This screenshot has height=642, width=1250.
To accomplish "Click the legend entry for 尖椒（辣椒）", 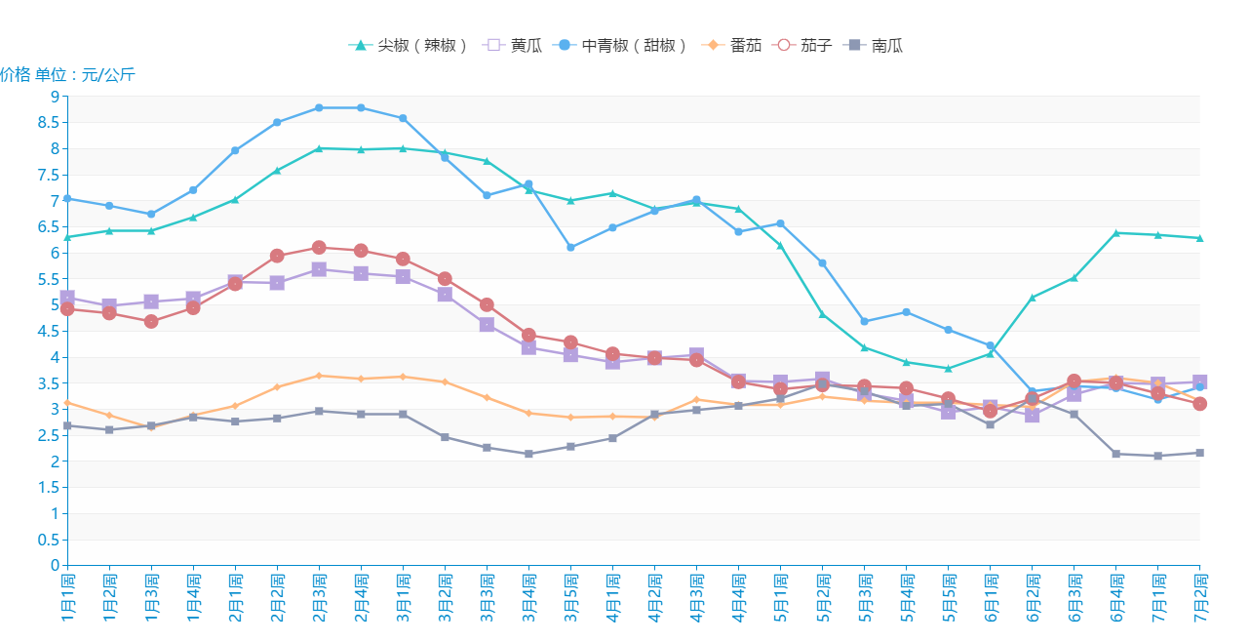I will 410,45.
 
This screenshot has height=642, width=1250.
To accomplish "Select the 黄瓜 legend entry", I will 513,45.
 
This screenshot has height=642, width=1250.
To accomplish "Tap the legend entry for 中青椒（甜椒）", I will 621,45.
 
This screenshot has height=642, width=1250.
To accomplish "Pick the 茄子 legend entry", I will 802,45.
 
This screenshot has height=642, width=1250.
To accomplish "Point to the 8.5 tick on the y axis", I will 49,123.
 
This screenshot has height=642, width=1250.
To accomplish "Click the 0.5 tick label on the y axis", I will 49,540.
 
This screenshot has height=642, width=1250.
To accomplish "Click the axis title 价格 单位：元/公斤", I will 67,74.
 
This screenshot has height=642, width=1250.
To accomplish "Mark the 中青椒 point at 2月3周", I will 319,107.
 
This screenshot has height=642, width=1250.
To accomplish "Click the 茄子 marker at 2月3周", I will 319,247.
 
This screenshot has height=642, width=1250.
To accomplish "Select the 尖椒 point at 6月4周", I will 1115,232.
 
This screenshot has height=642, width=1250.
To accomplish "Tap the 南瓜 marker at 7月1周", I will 1157,456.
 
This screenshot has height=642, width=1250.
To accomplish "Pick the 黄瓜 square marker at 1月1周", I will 67,298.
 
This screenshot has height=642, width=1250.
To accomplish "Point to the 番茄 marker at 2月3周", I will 319,376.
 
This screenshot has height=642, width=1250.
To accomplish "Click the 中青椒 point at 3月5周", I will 570,248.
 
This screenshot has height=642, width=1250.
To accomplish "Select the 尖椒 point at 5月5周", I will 948,369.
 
